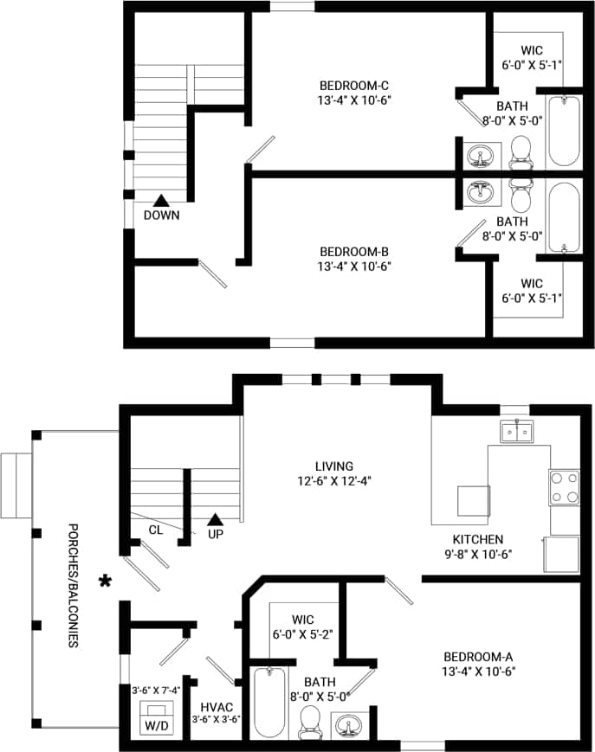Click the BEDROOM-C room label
coord(354,86)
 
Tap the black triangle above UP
coord(215,519)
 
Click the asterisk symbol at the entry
coord(106,582)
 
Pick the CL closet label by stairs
coord(155,530)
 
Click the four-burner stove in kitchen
coord(564,487)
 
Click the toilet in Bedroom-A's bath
coord(309,722)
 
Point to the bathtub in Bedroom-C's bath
coord(564,131)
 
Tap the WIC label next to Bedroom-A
coord(302,620)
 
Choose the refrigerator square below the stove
coord(561,555)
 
